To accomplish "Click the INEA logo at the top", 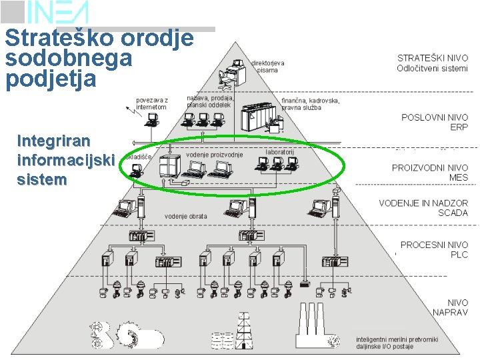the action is coord(57,12).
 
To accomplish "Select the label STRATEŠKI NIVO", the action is coord(433,58).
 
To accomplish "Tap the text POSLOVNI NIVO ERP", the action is coord(434,122).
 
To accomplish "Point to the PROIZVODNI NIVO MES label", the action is coord(429,173).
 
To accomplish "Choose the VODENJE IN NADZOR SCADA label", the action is coord(423,208).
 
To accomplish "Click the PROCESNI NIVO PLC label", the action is coord(434,249).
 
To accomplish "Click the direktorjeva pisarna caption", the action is coord(267,66).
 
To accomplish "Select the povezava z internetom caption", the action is coord(151,103).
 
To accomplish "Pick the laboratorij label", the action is coord(280,152).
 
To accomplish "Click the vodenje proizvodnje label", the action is coord(215,155).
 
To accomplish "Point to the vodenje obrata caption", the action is coord(186,216).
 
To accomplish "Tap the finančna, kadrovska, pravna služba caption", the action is coord(310,104).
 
